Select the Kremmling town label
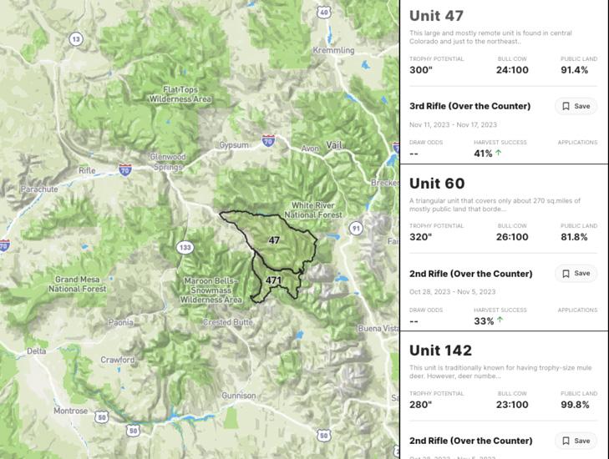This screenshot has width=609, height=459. [x=333, y=51]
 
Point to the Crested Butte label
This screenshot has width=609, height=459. [x=228, y=322]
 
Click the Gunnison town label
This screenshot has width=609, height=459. [x=238, y=395]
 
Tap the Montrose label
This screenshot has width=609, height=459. [x=71, y=411]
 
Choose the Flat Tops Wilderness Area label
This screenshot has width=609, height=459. [x=180, y=94]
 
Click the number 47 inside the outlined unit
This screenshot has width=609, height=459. [x=274, y=240]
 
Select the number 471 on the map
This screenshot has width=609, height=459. [x=274, y=280]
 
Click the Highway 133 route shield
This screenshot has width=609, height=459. [x=185, y=247]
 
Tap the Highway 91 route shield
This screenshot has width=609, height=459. [x=356, y=227]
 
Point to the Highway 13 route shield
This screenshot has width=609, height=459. [x=76, y=38]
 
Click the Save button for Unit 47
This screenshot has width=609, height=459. [x=576, y=106]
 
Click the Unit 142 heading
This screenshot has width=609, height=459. [x=440, y=351]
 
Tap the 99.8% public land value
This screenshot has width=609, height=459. [x=575, y=405]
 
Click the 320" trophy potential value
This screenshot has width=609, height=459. [x=421, y=237]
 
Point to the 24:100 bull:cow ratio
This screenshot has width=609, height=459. [x=512, y=70]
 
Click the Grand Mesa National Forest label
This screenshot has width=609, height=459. [x=77, y=284]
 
